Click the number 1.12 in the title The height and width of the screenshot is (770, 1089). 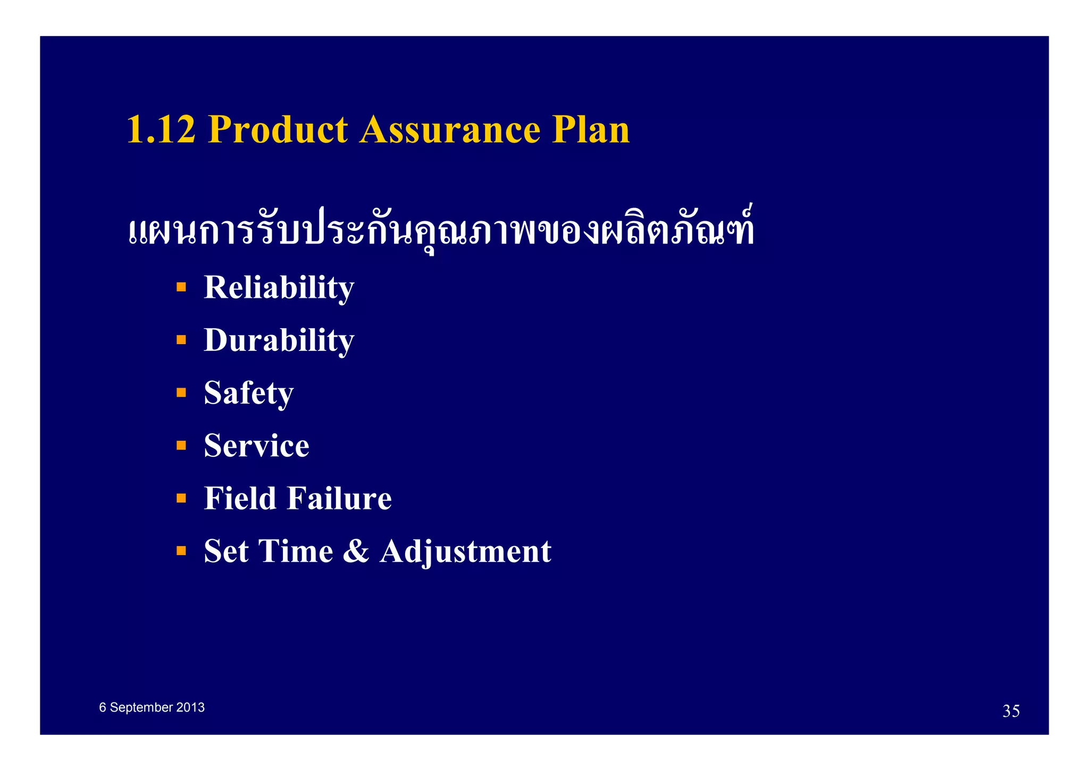[161, 130]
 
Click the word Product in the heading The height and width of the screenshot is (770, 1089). [278, 130]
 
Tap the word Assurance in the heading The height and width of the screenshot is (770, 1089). [449, 130]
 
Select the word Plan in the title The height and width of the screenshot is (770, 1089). [590, 130]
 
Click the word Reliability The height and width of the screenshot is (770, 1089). [279, 288]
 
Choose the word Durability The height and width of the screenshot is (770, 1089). [279, 340]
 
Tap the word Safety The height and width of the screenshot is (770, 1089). [248, 394]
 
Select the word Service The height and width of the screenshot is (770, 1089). [256, 446]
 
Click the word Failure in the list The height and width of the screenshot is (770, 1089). [340, 499]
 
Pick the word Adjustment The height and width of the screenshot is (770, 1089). [465, 551]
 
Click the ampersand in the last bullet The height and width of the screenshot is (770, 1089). [356, 551]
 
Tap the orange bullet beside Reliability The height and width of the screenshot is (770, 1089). [181, 288]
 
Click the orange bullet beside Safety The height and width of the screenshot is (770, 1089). [181, 393]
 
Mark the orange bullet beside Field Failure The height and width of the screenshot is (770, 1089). [181, 498]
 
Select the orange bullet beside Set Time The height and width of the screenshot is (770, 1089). [181, 551]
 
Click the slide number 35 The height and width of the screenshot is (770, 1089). [1011, 711]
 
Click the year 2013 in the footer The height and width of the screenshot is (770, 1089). [190, 708]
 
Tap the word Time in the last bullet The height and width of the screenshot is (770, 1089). [296, 551]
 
